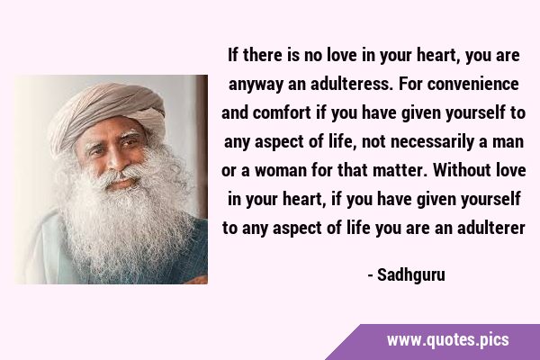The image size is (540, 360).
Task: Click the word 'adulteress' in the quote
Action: coord(351,85)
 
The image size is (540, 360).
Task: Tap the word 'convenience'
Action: coord(472,85)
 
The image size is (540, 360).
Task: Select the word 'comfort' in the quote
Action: coord(282,113)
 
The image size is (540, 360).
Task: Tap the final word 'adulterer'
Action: coord(491,228)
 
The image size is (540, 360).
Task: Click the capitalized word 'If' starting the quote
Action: coord(233,56)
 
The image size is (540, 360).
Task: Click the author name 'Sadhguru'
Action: coord(411,275)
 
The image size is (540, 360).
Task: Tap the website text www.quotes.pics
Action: coord(447,340)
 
